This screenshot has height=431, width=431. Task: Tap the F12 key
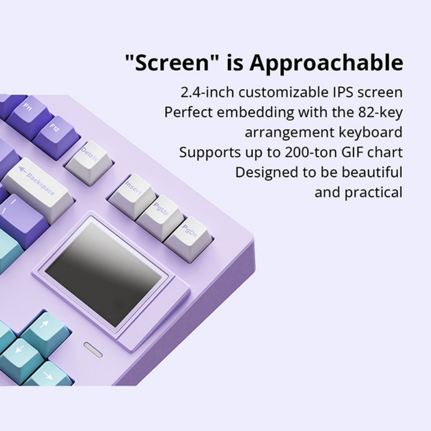coord(55,131)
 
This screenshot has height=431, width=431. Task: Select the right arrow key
coord(47,375)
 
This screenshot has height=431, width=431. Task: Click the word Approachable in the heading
coord(326,63)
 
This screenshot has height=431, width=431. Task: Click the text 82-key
coord(380,112)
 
